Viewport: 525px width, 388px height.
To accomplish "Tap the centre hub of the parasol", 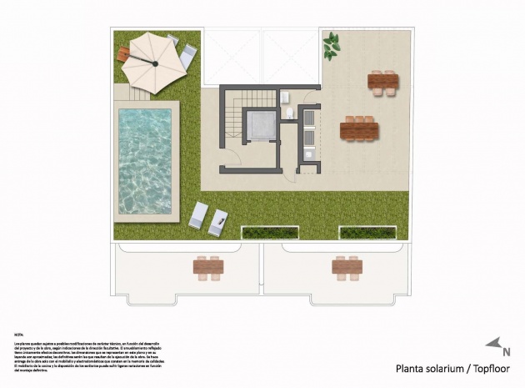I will point(154,62).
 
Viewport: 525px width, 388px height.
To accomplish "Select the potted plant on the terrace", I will point(331,45).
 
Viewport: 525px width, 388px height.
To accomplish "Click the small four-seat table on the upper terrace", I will point(383,81).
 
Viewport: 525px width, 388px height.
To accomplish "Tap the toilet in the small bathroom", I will point(289,112).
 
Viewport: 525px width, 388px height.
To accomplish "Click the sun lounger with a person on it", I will point(218,222).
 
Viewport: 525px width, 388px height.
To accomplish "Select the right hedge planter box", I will point(367,232).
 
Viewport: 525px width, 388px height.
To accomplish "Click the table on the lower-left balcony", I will point(208,267).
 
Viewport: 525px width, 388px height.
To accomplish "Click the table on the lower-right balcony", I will point(347,267).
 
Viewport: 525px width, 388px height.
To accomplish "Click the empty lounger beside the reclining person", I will point(198,215).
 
